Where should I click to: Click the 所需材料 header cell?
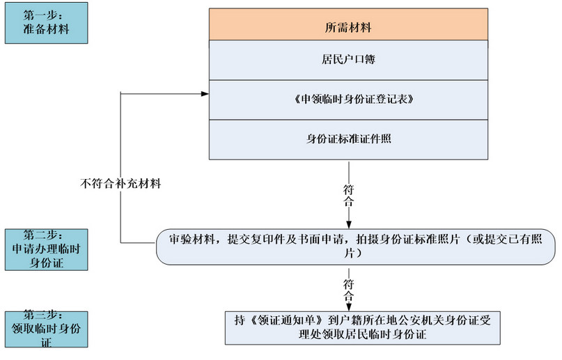[x=348, y=24]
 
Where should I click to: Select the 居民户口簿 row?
[x=348, y=60]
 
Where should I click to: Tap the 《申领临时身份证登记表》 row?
[x=348, y=100]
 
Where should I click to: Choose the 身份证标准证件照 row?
[x=348, y=139]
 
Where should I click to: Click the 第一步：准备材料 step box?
[x=46, y=23]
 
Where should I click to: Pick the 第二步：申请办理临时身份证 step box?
[x=46, y=250]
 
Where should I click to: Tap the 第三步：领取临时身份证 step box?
[x=46, y=329]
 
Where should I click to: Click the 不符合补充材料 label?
[x=120, y=184]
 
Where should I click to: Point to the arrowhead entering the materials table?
[x=205, y=94]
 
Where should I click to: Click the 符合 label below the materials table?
[x=348, y=196]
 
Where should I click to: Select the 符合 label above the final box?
[x=348, y=290]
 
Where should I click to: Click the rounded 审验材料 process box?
[x=356, y=247]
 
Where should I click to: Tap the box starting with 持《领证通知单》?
[x=363, y=328]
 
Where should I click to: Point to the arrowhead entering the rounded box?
[x=349, y=225]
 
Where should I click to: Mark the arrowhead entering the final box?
[x=349, y=307]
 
